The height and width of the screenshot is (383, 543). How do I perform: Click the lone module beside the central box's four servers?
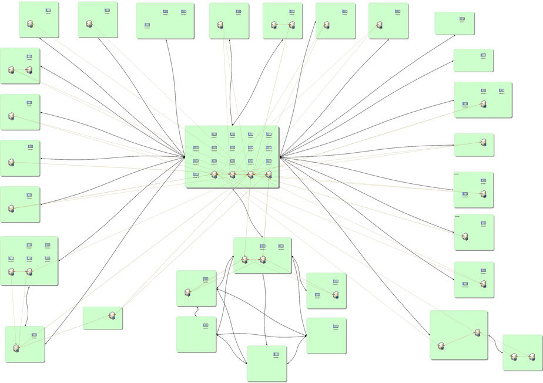tap(196, 174)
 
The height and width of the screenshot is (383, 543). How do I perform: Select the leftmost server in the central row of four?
tap(214, 174)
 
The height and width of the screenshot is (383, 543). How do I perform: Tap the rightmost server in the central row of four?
tap(269, 174)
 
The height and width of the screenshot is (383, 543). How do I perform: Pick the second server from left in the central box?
tap(232, 174)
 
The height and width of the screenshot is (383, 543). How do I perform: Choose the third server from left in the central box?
tap(250, 174)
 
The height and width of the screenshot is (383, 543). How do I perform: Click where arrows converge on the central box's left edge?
tap(185, 157)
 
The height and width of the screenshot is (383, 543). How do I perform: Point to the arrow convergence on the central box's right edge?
tap(280, 157)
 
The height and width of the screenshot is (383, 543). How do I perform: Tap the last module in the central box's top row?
tap(269, 135)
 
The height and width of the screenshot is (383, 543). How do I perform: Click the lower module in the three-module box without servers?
tap(148, 25)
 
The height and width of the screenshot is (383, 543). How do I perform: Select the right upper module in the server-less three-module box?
tap(184, 11)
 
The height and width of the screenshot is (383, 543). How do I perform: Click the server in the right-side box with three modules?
tap(483, 104)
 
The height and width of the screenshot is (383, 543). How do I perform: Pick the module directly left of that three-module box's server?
tap(465, 104)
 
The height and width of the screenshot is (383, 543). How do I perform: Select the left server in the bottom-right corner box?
tap(514, 356)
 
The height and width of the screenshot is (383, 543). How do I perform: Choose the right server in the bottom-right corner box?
tap(532, 356)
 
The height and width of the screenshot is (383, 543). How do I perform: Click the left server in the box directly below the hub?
tap(244, 259)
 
